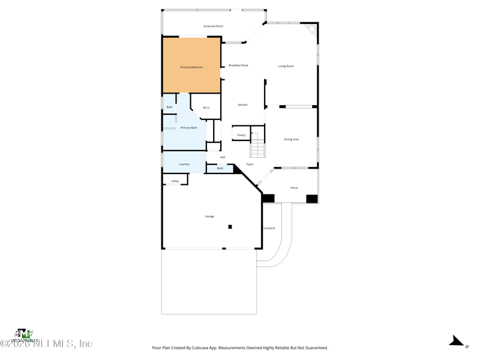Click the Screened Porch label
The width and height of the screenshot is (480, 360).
pyautogui.click(x=213, y=26)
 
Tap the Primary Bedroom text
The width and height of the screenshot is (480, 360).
pyautogui.click(x=191, y=67)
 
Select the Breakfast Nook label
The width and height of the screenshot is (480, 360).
pyautogui.click(x=238, y=65)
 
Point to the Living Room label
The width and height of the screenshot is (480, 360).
pyautogui.click(x=286, y=66)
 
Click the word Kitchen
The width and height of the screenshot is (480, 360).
pyautogui.click(x=242, y=105)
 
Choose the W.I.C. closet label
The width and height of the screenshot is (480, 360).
pyautogui.click(x=206, y=108)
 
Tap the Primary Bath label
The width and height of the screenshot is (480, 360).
pyautogui.click(x=188, y=128)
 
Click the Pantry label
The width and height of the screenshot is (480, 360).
pyautogui.click(x=241, y=136)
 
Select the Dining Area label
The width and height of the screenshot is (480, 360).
pyautogui.click(x=291, y=139)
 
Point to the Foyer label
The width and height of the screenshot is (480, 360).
pyautogui.click(x=250, y=164)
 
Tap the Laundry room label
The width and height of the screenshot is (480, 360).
pyautogui.click(x=184, y=164)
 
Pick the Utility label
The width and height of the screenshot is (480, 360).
pyautogui.click(x=175, y=181)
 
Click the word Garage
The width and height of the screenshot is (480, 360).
pyautogui.click(x=209, y=217)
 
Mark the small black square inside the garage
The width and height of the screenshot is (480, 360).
pyautogui.click(x=230, y=227)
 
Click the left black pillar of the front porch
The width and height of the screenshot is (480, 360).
pyautogui.click(x=268, y=199)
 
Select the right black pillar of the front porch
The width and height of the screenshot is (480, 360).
pyautogui.click(x=311, y=199)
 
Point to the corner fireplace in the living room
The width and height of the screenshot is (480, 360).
pyautogui.click(x=311, y=29)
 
